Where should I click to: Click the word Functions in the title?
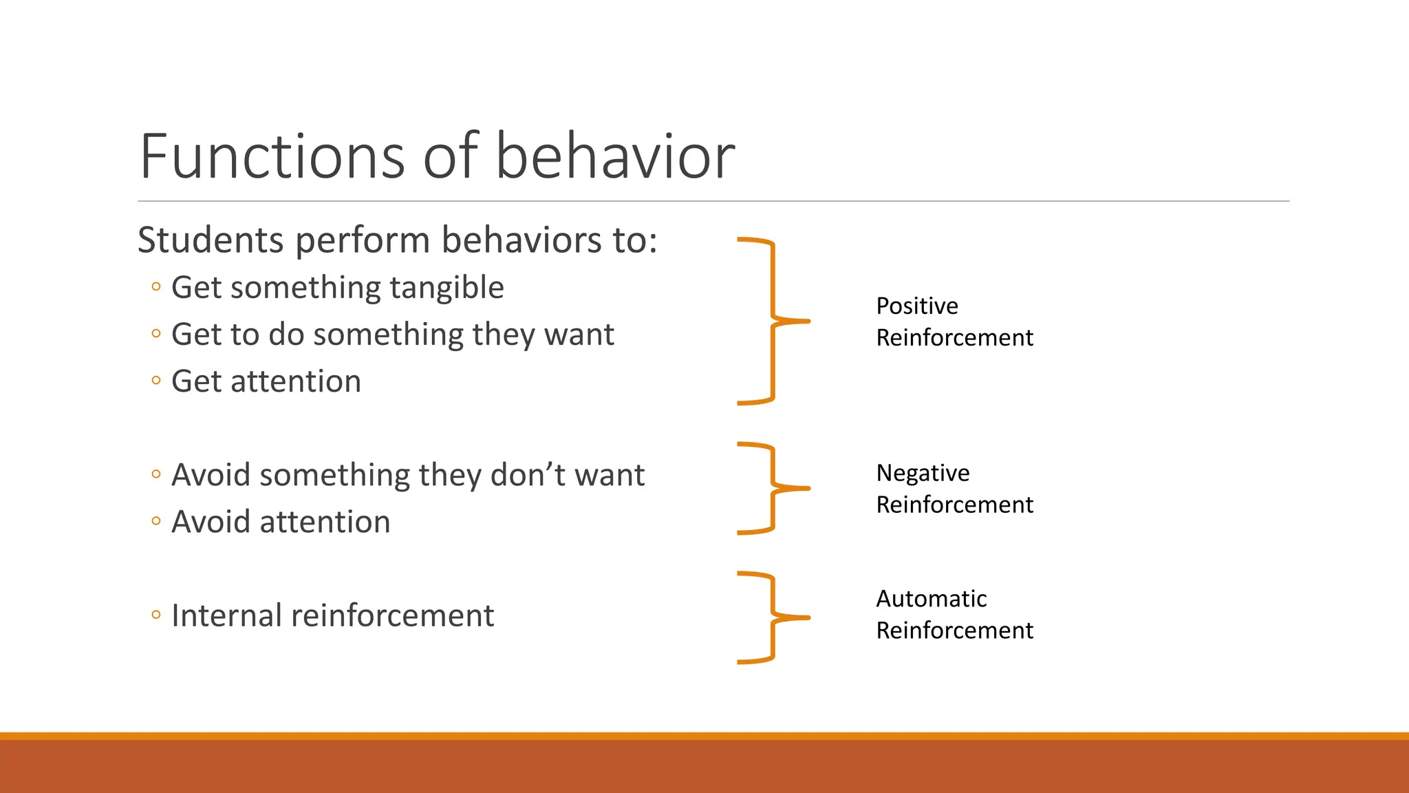coord(272,157)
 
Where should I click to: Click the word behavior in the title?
coord(614,157)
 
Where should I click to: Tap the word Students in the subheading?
coord(211,240)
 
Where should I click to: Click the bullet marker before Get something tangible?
coord(156,287)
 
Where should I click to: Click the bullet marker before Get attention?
coord(156,381)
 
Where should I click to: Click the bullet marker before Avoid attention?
coord(156,521)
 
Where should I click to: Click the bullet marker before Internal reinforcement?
coord(156,615)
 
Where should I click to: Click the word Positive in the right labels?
coord(916,306)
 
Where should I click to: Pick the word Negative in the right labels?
coord(922,473)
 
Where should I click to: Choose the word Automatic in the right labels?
coord(931,599)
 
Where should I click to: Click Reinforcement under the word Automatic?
coord(954,631)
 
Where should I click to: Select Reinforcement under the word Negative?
coord(954,505)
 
